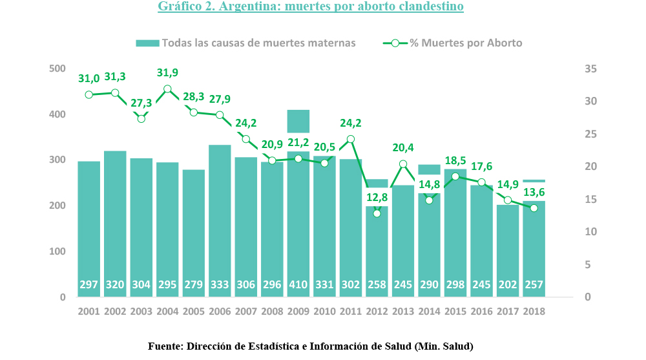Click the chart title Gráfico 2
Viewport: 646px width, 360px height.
tap(310, 7)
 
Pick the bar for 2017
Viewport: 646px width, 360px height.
tap(508, 246)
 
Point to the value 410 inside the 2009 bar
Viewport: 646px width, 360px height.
tap(298, 285)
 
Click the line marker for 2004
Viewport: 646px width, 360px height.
tap(167, 89)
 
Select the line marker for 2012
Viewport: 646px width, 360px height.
tap(377, 213)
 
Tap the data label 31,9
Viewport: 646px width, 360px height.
tap(167, 72)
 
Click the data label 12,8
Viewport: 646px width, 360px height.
tap(377, 196)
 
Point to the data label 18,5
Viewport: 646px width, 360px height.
tap(455, 160)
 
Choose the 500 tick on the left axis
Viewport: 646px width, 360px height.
tap(57, 69)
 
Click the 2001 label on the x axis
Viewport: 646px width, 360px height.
tap(89, 311)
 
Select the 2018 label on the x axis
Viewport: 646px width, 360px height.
tap(534, 311)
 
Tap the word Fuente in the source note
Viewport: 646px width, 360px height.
tap(165, 346)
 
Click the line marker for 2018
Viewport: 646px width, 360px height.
tap(534, 208)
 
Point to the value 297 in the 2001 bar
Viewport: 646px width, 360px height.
tap(89, 285)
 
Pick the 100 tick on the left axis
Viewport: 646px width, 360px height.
tap(57, 251)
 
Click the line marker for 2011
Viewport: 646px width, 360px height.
tap(351, 139)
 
